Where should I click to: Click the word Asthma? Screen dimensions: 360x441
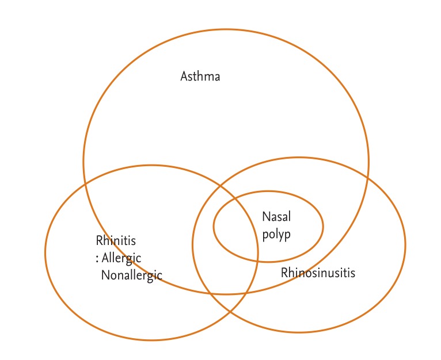200,76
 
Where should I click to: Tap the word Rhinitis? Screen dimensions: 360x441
116,241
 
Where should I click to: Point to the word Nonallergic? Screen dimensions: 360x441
131,275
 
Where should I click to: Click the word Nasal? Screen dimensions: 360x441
276,217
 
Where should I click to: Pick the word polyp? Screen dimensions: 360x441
277,234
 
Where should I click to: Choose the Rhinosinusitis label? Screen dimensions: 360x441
318,272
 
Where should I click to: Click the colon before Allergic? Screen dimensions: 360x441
97,259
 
